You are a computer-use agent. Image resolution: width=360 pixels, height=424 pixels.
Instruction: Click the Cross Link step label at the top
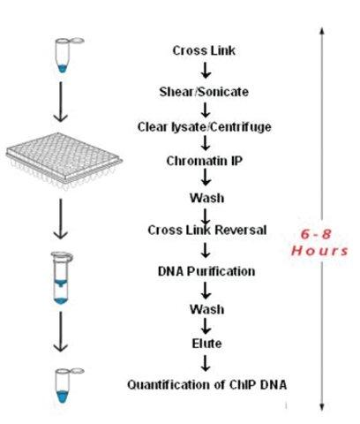tap(204, 50)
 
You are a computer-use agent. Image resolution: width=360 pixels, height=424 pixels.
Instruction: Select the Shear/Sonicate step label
tap(204, 92)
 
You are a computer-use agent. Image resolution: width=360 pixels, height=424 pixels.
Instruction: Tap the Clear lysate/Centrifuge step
tap(205, 127)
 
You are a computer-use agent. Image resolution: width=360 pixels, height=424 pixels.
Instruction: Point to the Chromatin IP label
tap(205, 161)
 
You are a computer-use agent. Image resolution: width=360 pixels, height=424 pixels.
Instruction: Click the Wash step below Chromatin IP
tap(206, 198)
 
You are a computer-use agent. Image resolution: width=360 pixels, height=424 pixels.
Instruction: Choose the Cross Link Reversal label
tap(207, 230)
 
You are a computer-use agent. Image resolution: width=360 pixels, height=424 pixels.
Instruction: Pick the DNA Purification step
tap(206, 271)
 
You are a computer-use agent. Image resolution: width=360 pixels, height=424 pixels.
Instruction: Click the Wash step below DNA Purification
tap(206, 309)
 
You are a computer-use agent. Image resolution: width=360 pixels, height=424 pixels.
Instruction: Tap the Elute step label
tap(206, 344)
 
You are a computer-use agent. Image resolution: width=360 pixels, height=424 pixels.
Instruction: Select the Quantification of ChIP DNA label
tap(206, 384)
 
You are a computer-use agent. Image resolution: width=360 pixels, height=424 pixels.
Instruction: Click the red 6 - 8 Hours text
tap(319, 243)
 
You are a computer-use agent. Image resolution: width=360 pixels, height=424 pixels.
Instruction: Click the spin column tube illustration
tap(62, 278)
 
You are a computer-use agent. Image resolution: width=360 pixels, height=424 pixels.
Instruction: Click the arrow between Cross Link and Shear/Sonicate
tap(206, 70)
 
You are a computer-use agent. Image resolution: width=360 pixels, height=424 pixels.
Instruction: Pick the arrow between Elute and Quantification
tap(206, 363)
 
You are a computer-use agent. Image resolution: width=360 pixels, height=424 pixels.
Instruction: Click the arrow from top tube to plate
tap(61, 102)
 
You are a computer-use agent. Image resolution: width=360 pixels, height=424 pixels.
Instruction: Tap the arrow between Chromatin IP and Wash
tap(206, 177)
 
